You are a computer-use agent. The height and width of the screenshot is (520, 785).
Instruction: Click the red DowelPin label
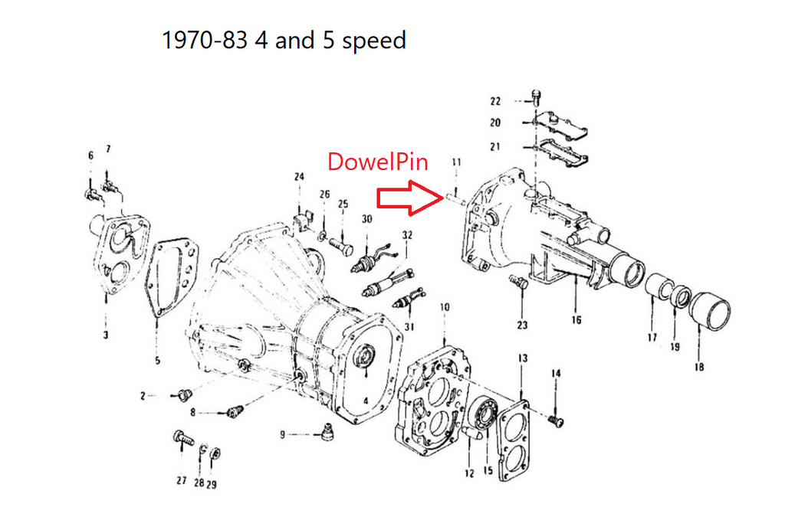(x=377, y=162)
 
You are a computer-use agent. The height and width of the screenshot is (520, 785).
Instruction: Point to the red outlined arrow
(x=410, y=198)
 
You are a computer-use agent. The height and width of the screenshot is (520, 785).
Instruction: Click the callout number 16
(x=576, y=319)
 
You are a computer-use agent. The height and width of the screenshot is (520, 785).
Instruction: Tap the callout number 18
(x=699, y=367)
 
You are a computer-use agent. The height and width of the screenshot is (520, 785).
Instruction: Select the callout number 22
(x=495, y=102)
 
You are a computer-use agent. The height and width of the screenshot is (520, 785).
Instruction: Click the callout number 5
(x=158, y=361)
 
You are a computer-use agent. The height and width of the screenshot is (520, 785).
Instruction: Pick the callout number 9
(x=282, y=435)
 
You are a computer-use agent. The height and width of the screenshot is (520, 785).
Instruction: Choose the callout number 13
(x=523, y=358)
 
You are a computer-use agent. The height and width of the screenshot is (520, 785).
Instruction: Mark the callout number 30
(x=367, y=219)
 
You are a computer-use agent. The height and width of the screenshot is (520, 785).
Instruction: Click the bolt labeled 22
(x=536, y=97)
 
